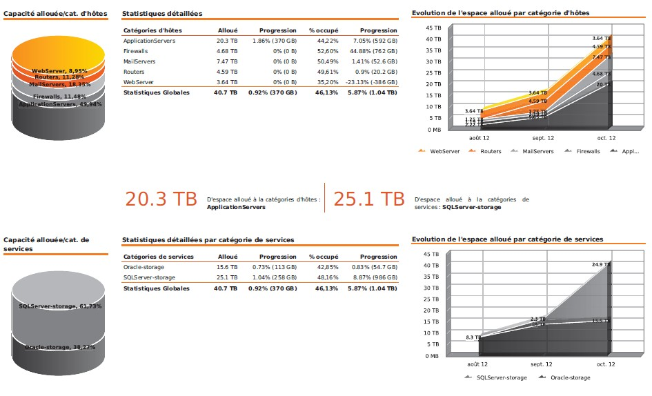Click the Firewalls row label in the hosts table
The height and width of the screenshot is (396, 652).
point(135,51)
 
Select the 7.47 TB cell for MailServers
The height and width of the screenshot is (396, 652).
point(226,61)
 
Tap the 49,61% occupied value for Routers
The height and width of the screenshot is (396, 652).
point(327,72)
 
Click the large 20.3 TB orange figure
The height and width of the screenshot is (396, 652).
point(161,199)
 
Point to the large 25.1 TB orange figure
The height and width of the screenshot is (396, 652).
point(368,199)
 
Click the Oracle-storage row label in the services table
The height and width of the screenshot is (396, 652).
point(144,267)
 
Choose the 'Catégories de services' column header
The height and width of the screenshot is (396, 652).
point(158,257)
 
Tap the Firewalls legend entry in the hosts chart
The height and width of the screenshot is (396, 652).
point(588,151)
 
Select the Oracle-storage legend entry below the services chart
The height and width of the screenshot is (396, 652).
point(570,377)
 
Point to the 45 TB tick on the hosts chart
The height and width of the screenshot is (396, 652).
point(433,28)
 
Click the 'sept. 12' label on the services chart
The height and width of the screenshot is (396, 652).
point(541,364)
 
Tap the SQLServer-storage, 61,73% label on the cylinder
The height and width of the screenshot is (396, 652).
point(60,306)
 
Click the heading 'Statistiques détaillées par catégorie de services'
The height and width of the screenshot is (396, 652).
point(208,240)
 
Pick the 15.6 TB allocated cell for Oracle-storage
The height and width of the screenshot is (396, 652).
point(227,267)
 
